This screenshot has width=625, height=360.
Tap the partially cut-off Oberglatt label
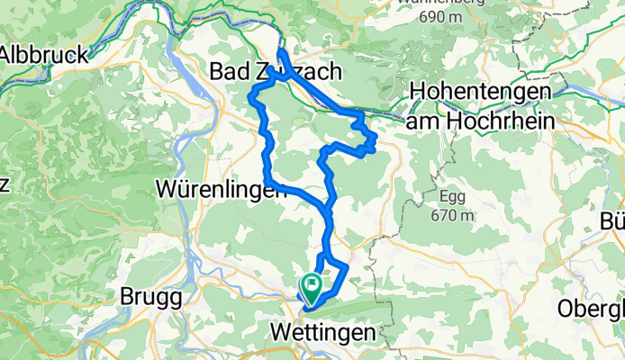click(591, 309)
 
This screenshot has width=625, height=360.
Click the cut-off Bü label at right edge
click(613, 223)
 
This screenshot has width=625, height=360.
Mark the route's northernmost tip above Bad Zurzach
click(281, 51)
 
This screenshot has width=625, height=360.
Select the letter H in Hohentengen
click(417, 91)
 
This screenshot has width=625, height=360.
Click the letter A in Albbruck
click(7, 53)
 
